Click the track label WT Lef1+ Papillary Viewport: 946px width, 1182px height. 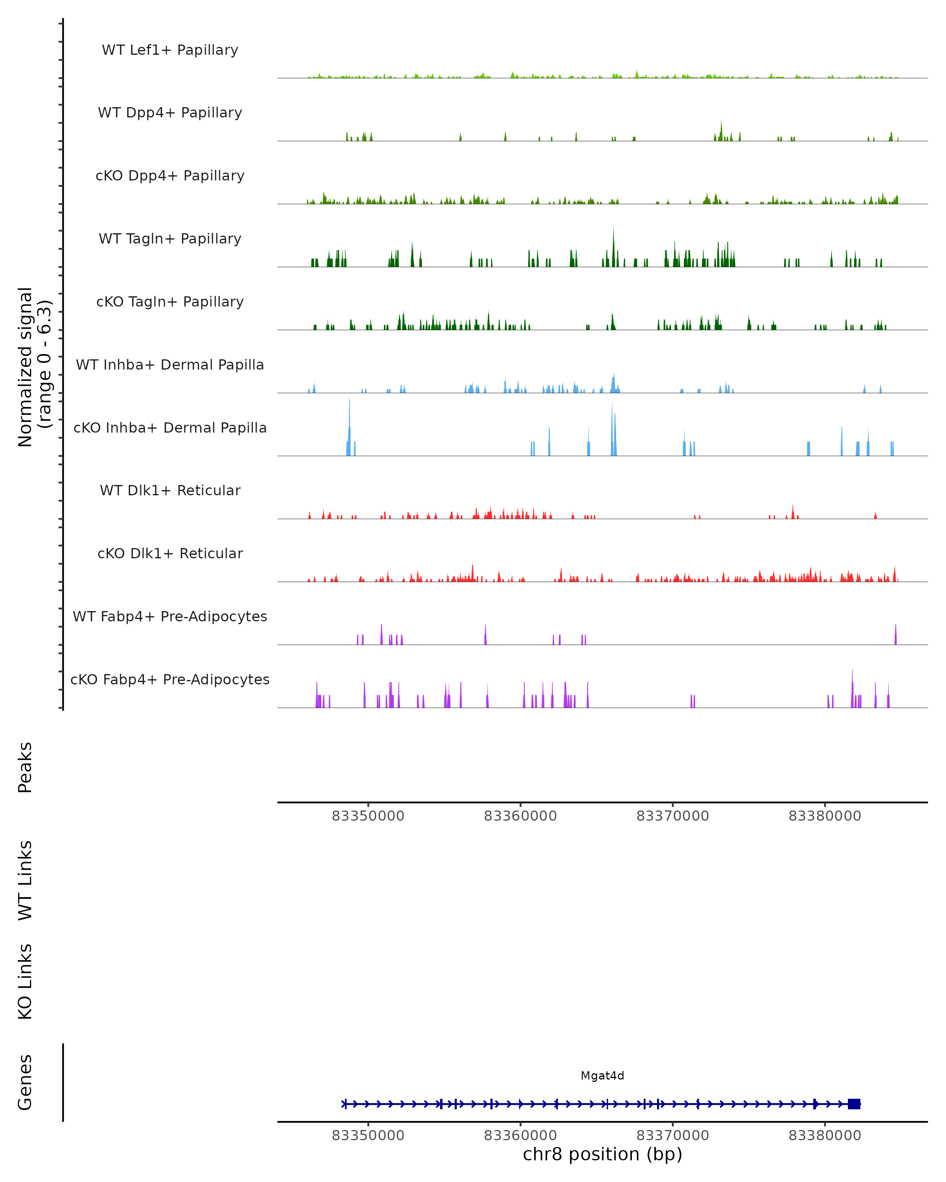point(170,50)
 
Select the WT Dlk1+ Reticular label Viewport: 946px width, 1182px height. point(170,490)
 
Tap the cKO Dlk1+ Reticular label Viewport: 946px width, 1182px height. point(170,553)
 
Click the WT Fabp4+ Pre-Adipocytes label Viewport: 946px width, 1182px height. point(170,616)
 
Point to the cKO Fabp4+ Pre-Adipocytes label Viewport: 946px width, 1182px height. point(170,679)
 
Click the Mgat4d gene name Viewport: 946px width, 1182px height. point(602,1076)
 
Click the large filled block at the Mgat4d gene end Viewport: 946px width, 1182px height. point(854,1104)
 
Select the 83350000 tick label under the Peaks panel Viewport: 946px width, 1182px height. point(368,816)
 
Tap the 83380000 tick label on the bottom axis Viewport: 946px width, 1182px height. point(825,1136)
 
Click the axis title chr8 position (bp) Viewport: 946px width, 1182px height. point(602,1154)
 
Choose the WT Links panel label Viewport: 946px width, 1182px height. point(25,881)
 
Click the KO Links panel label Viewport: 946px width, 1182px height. point(25,982)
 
